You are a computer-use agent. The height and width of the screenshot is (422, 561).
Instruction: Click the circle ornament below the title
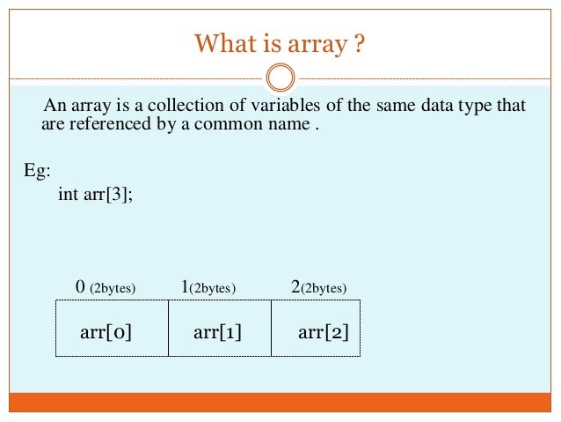pyautogui.click(x=280, y=78)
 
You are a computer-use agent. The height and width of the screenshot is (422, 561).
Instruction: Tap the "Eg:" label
pyautogui.click(x=37, y=170)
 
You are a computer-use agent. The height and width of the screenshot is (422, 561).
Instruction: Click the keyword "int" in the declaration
pyautogui.click(x=68, y=194)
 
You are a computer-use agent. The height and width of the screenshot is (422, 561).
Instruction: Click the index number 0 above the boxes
pyautogui.click(x=80, y=286)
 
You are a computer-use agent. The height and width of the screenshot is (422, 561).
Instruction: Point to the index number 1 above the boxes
pyautogui.click(x=185, y=286)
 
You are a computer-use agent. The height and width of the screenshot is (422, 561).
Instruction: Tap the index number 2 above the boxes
pyautogui.click(x=295, y=286)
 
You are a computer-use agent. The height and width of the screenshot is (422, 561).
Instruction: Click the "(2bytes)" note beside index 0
pyautogui.click(x=112, y=288)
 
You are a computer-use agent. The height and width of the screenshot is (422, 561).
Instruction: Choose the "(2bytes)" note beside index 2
pyautogui.click(x=324, y=288)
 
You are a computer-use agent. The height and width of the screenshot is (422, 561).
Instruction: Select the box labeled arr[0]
pyautogui.click(x=112, y=328)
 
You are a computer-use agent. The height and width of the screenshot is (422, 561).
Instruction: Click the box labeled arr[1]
pyautogui.click(x=219, y=328)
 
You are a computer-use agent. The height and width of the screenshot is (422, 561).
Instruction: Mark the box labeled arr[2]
pyautogui.click(x=316, y=328)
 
